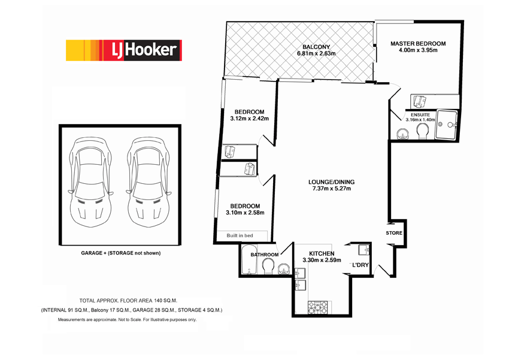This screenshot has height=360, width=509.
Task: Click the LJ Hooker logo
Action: pos(123,50)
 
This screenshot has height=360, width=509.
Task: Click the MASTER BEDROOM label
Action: pos(418,44)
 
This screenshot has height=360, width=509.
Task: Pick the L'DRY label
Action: pos(360,265)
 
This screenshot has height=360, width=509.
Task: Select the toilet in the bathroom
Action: pos(268,265)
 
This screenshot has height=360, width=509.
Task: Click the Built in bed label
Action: pos(240,235)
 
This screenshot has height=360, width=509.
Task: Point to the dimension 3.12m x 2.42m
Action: pos(249,119)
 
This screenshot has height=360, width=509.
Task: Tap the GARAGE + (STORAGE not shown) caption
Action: pos(120,253)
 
